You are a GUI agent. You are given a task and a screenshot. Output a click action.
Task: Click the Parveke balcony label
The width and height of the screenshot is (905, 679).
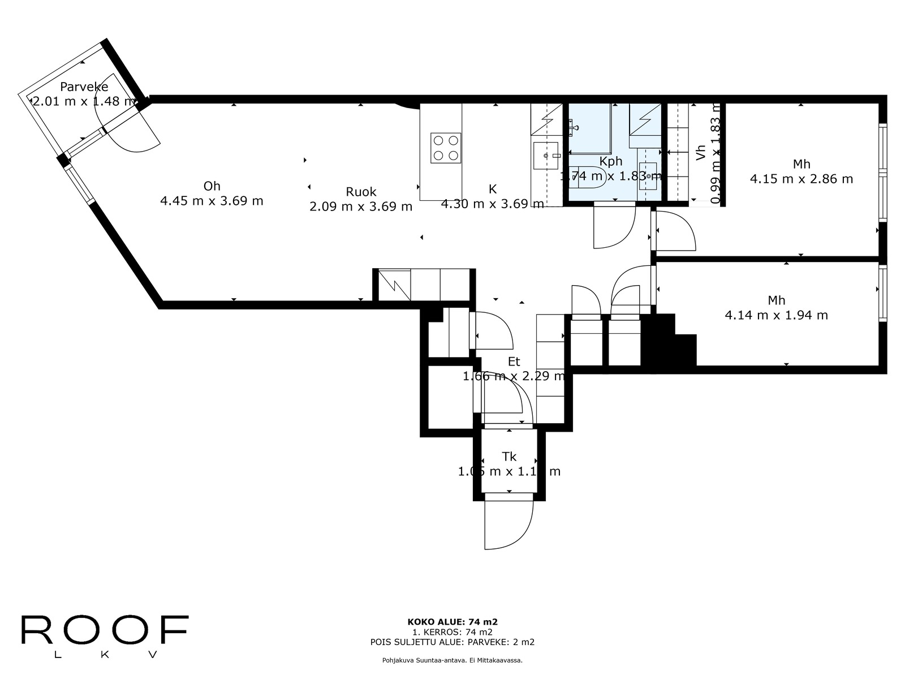(x=84, y=87)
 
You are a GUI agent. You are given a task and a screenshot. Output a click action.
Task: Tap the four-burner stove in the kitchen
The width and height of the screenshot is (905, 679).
(x=446, y=148)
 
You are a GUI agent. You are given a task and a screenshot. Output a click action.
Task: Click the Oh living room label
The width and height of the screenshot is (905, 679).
(x=212, y=186)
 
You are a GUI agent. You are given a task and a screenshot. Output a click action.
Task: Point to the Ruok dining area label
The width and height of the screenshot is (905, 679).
(x=361, y=192)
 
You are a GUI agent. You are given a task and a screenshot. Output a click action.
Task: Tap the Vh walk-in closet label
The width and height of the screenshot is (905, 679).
(x=700, y=153)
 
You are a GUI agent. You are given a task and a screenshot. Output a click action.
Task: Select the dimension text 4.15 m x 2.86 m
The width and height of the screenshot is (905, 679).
(x=801, y=179)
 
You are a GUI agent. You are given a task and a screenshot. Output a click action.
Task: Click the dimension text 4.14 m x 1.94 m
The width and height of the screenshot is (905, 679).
(x=776, y=315)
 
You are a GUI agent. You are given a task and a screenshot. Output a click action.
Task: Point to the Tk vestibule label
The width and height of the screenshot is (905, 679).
(x=509, y=457)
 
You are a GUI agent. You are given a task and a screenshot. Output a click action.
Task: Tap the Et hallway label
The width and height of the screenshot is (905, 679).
(x=514, y=362)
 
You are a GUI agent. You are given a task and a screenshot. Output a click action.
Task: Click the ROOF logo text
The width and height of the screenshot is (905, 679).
(x=105, y=630)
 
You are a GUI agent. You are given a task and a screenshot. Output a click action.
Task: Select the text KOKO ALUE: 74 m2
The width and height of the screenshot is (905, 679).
(x=453, y=622)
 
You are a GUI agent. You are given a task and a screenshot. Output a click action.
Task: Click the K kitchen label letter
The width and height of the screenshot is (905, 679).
(x=492, y=190)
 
